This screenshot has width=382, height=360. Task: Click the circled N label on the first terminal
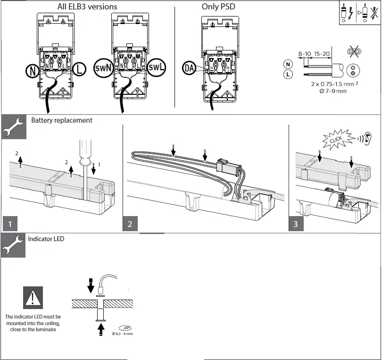click(33, 71)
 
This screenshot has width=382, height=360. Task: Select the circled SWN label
click(103, 68)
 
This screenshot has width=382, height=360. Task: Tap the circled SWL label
click(156, 67)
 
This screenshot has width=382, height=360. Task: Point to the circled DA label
click(189, 68)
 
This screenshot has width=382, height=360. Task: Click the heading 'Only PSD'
click(218, 7)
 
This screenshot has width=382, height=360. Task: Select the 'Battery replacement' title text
click(62, 120)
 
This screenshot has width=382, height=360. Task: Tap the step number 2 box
click(130, 224)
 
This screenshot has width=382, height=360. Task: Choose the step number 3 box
click(296, 224)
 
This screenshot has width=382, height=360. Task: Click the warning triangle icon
click(33, 298)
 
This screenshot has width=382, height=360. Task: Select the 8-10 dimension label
click(304, 54)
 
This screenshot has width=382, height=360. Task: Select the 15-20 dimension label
click(322, 54)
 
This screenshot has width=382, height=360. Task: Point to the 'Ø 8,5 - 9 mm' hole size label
click(122, 334)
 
